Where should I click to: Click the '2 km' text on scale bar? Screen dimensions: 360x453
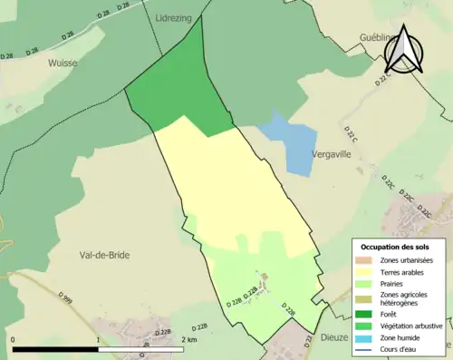(188, 339)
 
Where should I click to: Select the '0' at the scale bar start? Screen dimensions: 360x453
(14, 339)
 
